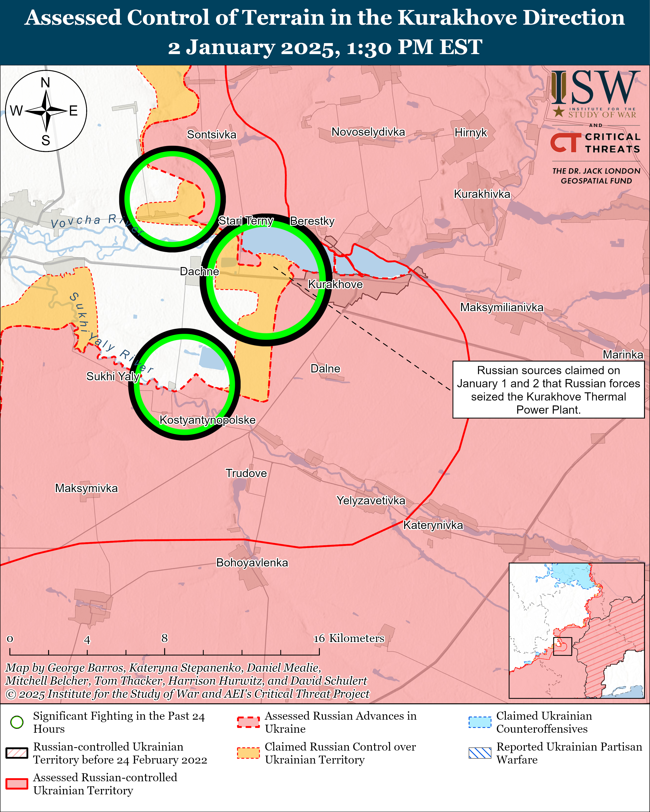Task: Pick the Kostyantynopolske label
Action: (208, 420)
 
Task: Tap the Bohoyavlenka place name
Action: (252, 563)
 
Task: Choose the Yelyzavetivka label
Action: (371, 501)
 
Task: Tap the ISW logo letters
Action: (595, 88)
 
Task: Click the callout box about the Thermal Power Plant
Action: (548, 390)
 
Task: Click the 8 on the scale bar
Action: (164, 638)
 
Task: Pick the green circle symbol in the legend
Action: (17, 722)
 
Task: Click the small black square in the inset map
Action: (563, 646)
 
